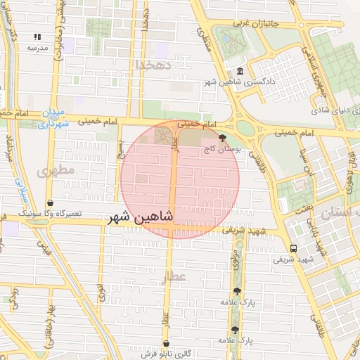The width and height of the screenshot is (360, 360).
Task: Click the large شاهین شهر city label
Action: pyautogui.click(x=139, y=218)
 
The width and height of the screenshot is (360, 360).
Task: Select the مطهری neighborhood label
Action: pyautogui.click(x=56, y=171)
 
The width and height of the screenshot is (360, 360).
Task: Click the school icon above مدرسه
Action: pyautogui.click(x=37, y=37)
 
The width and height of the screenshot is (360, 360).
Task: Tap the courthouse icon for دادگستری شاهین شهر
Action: pyautogui.click(x=240, y=72)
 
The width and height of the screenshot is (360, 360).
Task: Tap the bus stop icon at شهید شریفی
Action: pyautogui.click(x=293, y=248)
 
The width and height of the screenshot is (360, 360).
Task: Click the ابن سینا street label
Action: pyautogui.click(x=304, y=163)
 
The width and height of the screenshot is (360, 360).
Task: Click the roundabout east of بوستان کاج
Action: pyautogui.click(x=245, y=127)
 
